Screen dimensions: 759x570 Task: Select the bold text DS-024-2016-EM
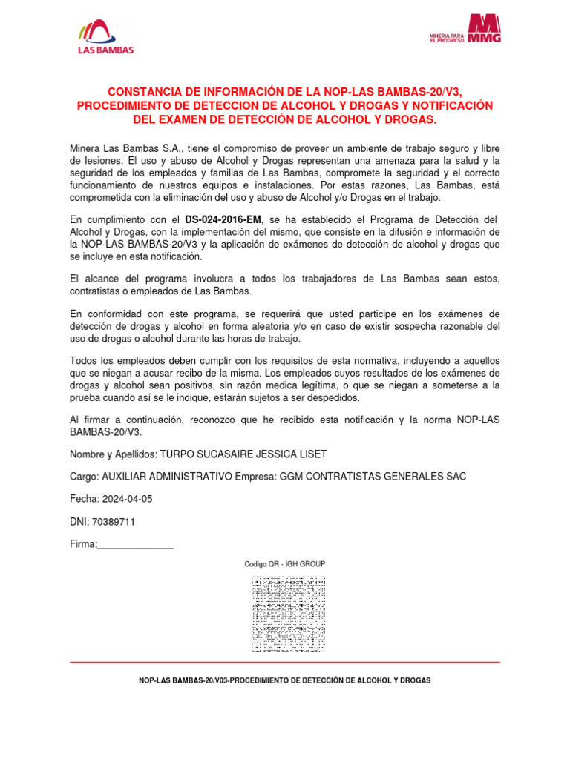coord(223,220)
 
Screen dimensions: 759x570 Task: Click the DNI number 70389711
coord(114,522)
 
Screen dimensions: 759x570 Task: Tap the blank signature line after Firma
coord(136,546)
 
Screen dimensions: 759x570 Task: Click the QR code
coord(289,614)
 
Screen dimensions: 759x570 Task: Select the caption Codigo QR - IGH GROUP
coord(285,564)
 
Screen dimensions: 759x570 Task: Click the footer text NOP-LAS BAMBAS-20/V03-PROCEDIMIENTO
coord(284,680)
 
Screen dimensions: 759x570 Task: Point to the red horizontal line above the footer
coord(284,662)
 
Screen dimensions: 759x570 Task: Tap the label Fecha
coord(83,499)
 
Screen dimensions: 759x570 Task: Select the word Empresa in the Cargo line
coord(254,476)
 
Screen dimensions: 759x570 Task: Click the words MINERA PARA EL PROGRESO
coord(447,37)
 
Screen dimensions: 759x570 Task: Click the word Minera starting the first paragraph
coord(85,148)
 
